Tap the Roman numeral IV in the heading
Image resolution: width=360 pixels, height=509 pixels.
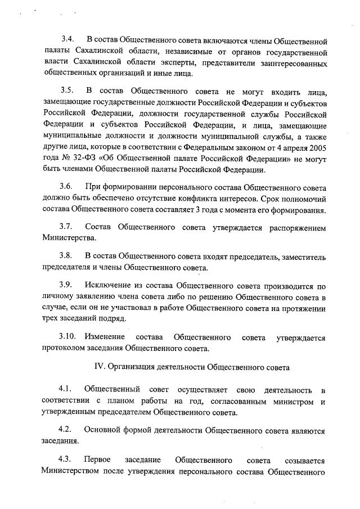[x=98, y=368]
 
